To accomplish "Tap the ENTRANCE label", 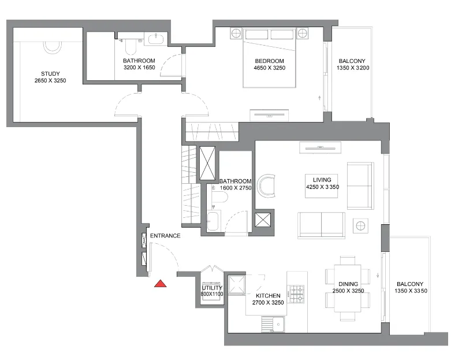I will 165,236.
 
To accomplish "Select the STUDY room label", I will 50,74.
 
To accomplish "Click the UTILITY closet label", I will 212,288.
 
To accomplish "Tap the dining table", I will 348,288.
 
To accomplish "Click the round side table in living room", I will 361,225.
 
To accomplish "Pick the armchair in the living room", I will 267,186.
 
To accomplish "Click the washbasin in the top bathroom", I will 156,39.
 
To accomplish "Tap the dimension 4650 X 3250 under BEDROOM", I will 270,68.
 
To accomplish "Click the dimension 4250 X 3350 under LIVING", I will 321,187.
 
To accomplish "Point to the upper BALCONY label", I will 352,61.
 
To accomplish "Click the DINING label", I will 348,284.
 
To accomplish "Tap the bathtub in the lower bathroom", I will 213,221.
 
